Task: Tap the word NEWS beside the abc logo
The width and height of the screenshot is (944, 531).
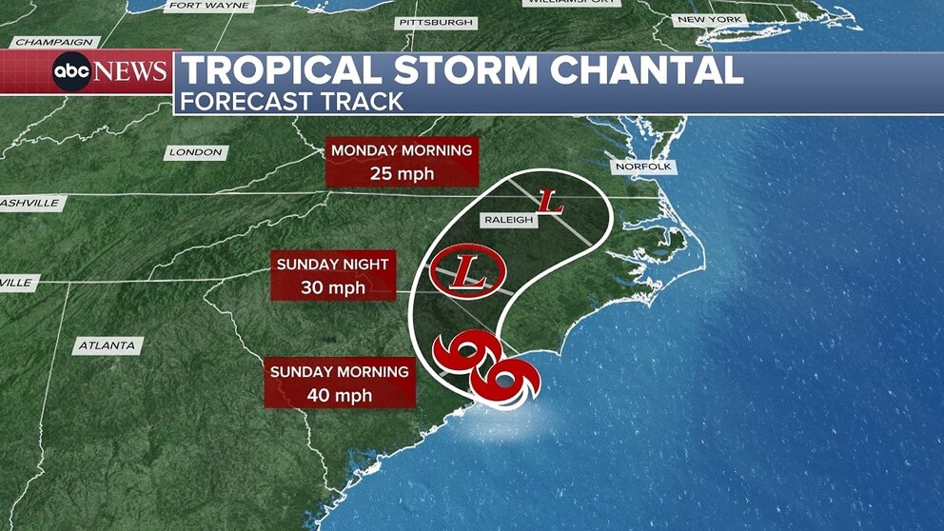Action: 131,72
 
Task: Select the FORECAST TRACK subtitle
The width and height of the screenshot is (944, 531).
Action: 292,102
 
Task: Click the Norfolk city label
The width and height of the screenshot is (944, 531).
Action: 643,167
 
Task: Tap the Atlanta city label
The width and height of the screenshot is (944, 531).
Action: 108,345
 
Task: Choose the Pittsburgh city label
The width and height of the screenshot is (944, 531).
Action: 436,21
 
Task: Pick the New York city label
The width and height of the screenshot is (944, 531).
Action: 708,19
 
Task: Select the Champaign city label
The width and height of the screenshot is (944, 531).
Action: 54,43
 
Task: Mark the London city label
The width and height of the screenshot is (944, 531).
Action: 195,152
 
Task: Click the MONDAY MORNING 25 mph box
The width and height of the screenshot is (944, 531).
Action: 402,163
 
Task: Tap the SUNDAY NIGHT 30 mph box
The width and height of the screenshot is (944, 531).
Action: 333,275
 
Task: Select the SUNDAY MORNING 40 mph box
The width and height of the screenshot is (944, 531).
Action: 339,383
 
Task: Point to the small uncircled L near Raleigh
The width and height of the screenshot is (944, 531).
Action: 550,202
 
